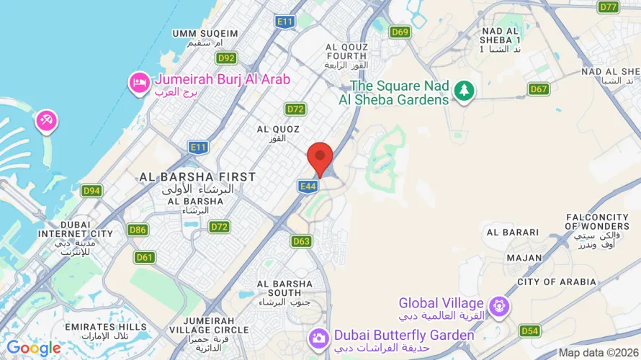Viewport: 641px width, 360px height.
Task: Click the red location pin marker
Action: tap(320, 158)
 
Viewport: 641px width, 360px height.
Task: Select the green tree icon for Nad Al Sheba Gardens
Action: tap(465, 91)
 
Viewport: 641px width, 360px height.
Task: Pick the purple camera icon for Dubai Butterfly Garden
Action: tap(318, 337)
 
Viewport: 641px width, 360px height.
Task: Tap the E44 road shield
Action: tap(307, 186)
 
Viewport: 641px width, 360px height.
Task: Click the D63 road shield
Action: tap(302, 241)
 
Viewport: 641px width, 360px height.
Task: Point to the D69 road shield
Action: tap(400, 32)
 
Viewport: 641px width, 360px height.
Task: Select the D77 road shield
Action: tap(609, 6)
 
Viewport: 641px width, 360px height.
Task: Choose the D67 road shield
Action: tap(539, 89)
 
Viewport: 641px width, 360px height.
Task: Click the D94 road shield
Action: tap(91, 191)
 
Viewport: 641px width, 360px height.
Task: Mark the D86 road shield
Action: tap(138, 230)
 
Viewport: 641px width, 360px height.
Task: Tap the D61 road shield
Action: tap(144, 256)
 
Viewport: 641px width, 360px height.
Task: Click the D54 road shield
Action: tap(529, 330)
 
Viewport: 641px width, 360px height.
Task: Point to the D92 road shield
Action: tap(226, 58)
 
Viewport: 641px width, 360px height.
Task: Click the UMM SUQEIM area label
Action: tap(205, 34)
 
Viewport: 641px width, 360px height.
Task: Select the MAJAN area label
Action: tap(524, 257)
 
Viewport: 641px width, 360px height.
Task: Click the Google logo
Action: tap(33, 348)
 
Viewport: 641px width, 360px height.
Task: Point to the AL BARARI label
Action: tap(513, 233)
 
